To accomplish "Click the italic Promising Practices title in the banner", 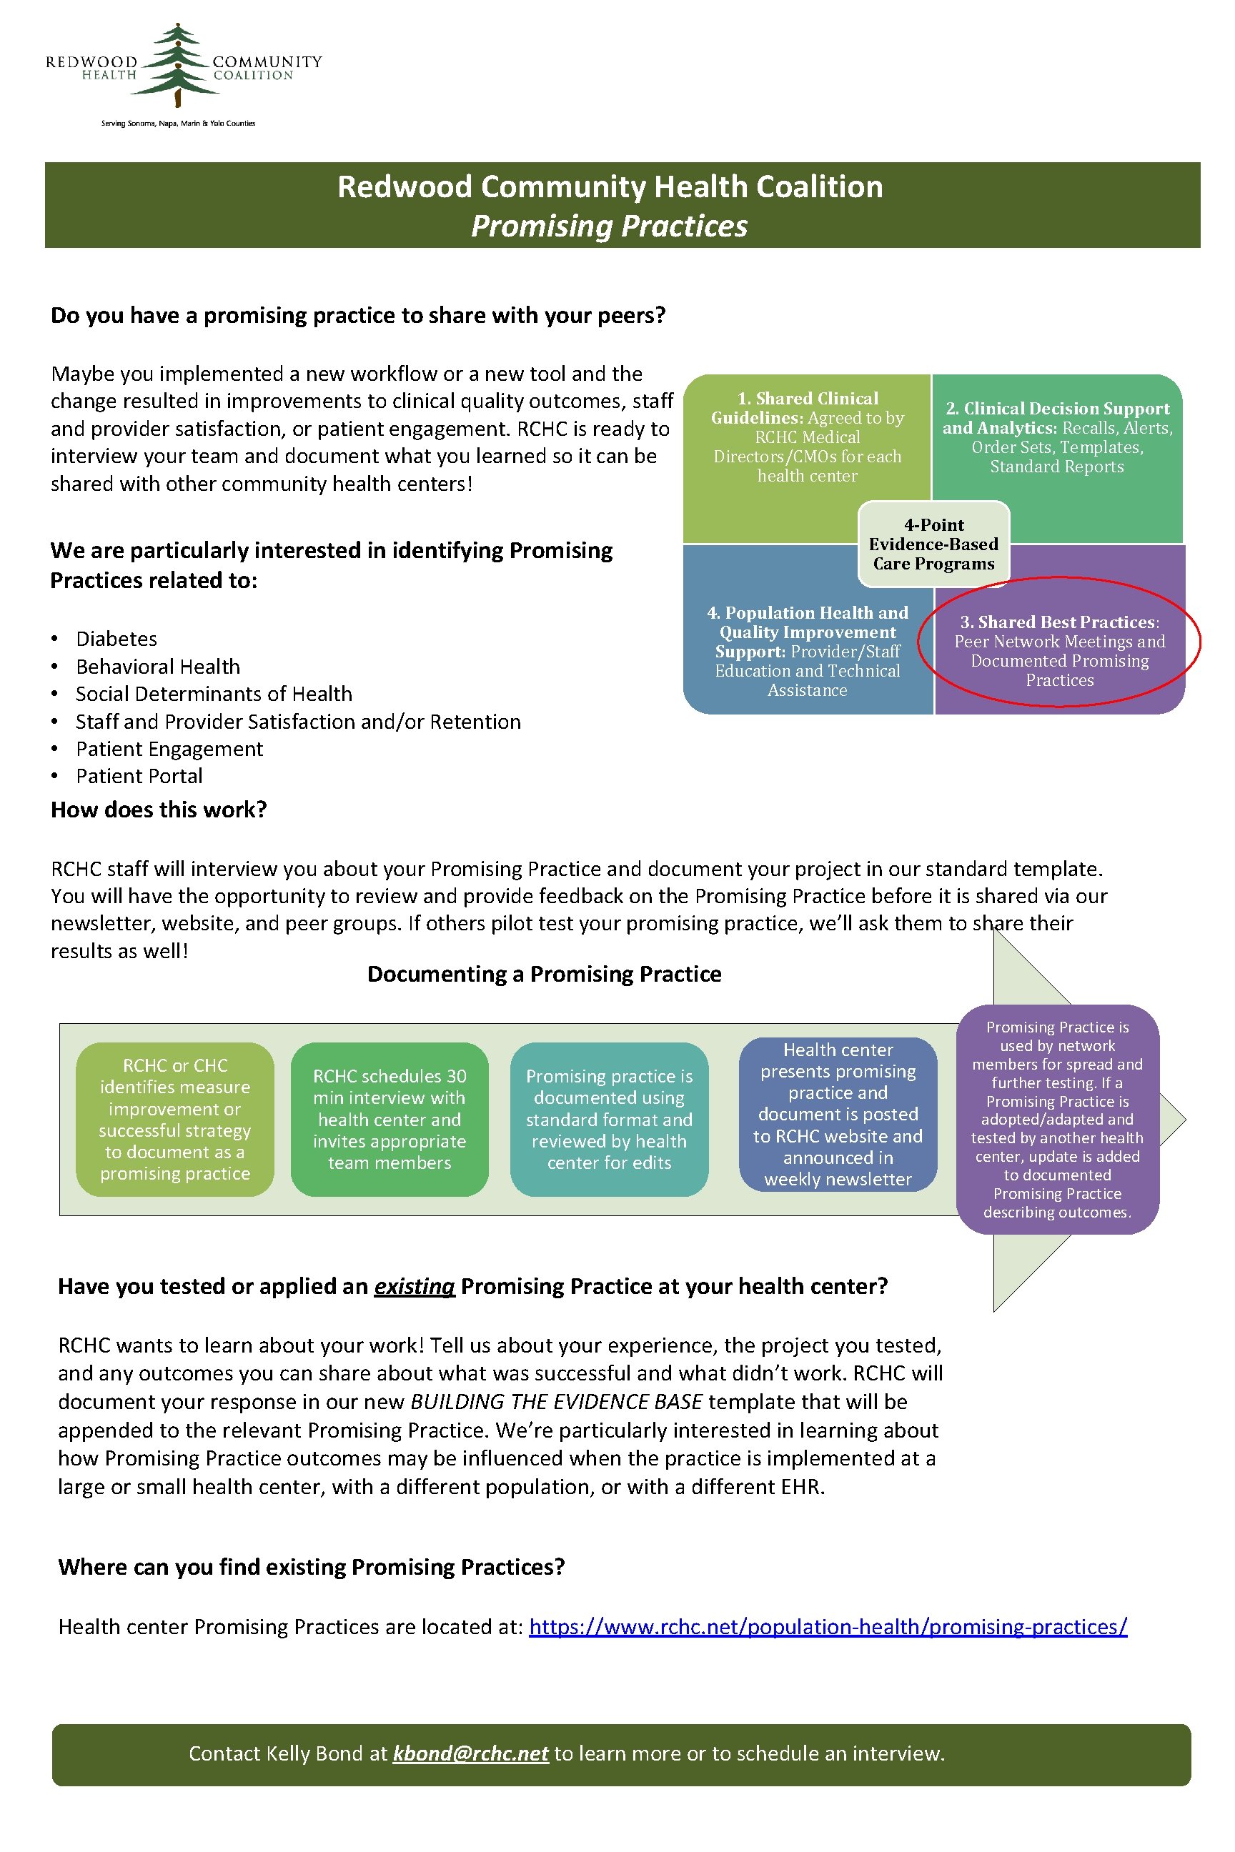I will pyautogui.click(x=609, y=226).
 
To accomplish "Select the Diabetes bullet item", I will pyautogui.click(x=116, y=639).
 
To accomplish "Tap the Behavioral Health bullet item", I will pyautogui.click(x=157, y=666).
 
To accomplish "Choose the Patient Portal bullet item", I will pyautogui.click(x=139, y=776).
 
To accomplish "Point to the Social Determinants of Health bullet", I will pyautogui.click(x=214, y=694).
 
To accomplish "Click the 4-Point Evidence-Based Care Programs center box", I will pyautogui.click(x=933, y=544).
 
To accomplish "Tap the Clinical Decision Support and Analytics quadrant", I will pyautogui.click(x=1057, y=437).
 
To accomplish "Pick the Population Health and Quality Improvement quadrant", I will pyautogui.click(x=808, y=650).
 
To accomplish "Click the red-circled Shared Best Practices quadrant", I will pyautogui.click(x=1059, y=650).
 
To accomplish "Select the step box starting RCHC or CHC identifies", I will pyautogui.click(x=175, y=1119).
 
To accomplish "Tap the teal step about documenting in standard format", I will pyautogui.click(x=609, y=1119).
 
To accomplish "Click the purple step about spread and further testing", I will pyautogui.click(x=1057, y=1119).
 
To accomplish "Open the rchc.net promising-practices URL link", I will pyautogui.click(x=828, y=1627).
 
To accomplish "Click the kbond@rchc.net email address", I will pyautogui.click(x=470, y=1753).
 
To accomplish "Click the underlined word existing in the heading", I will pyautogui.click(x=415, y=1287).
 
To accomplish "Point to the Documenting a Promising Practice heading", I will pyautogui.click(x=545, y=974).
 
